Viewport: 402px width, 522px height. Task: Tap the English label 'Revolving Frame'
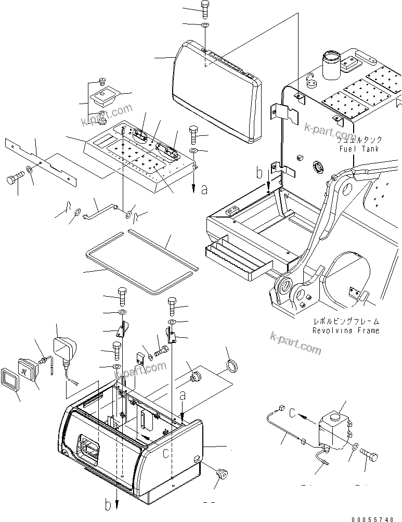[346, 330]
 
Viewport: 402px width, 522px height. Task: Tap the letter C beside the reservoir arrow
[293, 414]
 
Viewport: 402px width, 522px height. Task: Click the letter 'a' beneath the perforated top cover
[204, 190]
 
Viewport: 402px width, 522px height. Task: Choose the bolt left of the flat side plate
[14, 180]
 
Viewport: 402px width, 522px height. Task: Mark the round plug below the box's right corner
[222, 474]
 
